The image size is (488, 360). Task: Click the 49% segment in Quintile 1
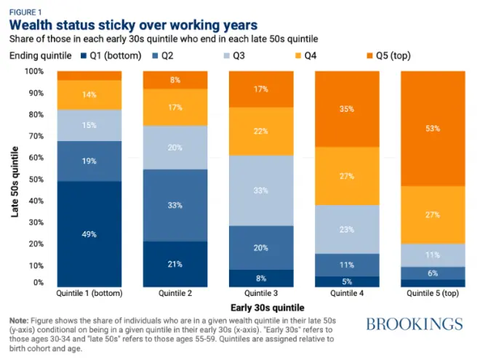89,234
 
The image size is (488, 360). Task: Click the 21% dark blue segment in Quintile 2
175,265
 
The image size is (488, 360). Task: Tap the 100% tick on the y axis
34,71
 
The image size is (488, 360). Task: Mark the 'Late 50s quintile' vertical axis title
15,179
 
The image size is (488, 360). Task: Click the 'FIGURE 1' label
25,10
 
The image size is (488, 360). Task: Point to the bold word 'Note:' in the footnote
20,320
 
